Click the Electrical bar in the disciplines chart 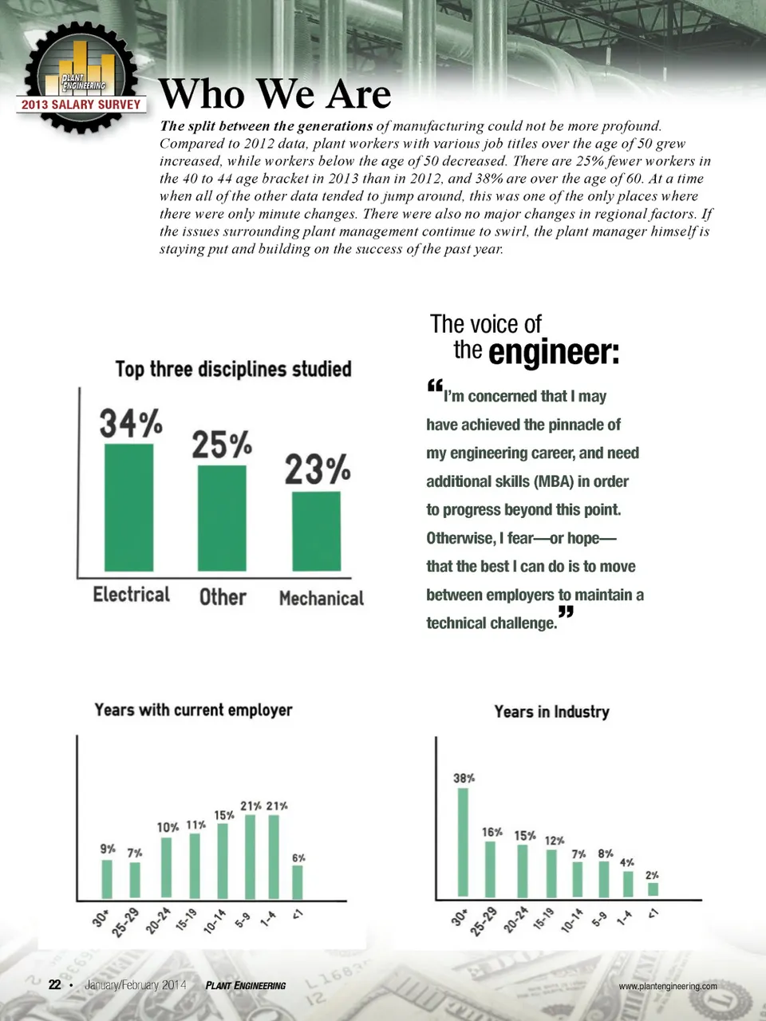(129, 507)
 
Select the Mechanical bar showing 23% (316, 531)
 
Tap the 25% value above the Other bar (222, 445)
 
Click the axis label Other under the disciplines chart (223, 597)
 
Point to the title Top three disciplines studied (233, 369)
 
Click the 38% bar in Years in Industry (463, 841)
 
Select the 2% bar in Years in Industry (653, 888)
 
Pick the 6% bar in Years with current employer (298, 881)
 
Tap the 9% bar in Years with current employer (107, 878)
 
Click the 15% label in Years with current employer (224, 815)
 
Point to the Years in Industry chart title (551, 711)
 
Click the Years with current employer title (193, 710)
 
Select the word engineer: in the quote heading (553, 352)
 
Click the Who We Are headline (275, 94)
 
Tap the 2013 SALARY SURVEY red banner (81, 104)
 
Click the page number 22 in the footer (55, 984)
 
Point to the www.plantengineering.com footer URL (668, 986)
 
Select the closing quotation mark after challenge (566, 613)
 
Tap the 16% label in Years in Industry (492, 832)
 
